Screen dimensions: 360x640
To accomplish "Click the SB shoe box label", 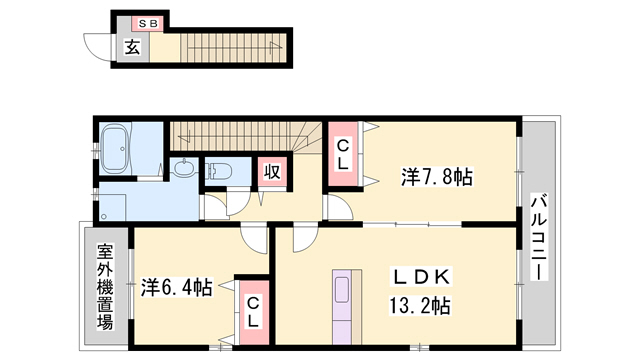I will pyautogui.click(x=148, y=21).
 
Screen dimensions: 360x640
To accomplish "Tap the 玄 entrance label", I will pyautogui.click(x=132, y=45).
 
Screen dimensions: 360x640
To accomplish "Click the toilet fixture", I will pyautogui.click(x=221, y=170).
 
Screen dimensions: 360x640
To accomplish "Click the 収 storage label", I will pyautogui.click(x=270, y=171).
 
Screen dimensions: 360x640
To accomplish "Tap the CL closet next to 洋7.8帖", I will pyautogui.click(x=342, y=153).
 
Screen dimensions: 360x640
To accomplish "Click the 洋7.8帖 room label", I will pyautogui.click(x=436, y=177).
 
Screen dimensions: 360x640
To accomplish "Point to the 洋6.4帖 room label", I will pyautogui.click(x=176, y=287).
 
